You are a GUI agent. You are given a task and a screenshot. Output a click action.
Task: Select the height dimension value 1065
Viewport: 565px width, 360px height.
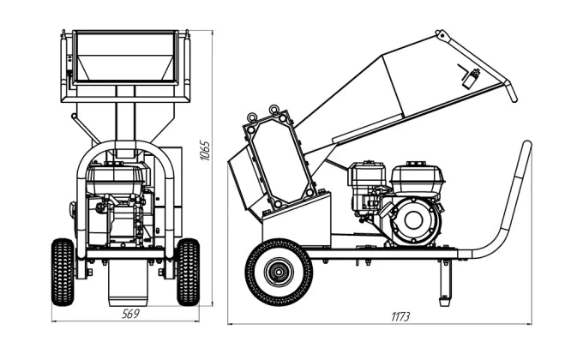tap(204, 151)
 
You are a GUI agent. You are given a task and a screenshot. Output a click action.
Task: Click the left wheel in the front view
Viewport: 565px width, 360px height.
tap(63, 271)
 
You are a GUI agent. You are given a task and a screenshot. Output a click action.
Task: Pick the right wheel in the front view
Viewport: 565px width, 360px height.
tap(188, 271)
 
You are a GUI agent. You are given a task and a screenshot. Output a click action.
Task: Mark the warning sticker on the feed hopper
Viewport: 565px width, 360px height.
tap(470, 76)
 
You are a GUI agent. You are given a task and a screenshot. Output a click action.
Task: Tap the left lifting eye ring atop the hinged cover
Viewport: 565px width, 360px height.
tap(252, 117)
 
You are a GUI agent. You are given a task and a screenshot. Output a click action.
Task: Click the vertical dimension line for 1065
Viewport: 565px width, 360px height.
tap(213, 167)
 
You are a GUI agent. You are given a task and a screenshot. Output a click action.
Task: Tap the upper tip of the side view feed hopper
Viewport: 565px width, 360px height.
tap(442, 35)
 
